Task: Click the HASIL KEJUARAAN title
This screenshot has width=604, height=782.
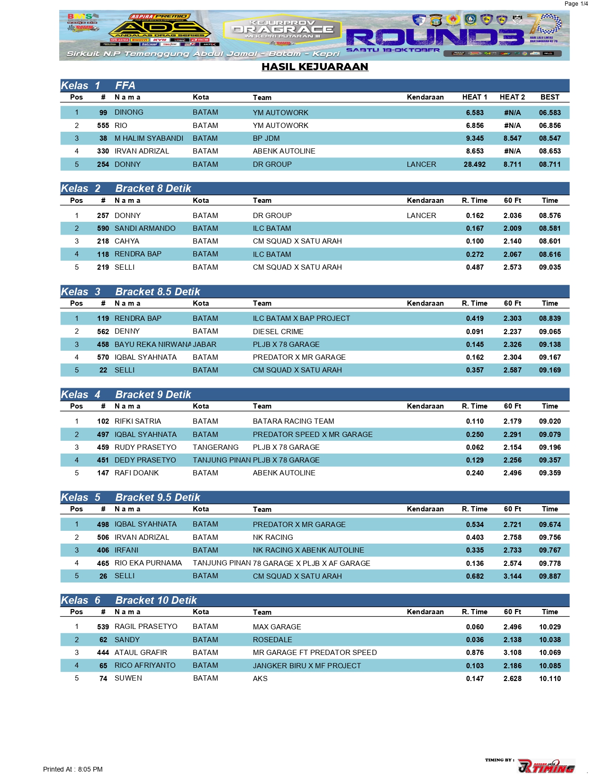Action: click(315, 67)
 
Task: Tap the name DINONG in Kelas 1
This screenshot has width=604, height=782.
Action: click(129, 112)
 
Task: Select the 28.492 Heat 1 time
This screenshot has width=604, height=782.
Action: click(474, 164)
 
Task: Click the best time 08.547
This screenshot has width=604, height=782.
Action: click(550, 138)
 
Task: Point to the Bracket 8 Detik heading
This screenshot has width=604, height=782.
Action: click(153, 189)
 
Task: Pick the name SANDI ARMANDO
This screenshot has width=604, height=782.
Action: click(145, 228)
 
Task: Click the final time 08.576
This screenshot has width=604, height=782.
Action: click(550, 216)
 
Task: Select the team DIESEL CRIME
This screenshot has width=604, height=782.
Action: click(278, 332)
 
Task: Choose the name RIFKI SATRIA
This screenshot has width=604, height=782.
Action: click(138, 421)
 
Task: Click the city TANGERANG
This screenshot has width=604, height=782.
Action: click(216, 447)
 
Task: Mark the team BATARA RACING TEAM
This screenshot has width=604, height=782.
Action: click(293, 421)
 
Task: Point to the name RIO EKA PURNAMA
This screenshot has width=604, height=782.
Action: click(148, 563)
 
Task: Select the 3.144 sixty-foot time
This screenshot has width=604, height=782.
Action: click(512, 576)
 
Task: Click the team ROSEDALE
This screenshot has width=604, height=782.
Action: click(272, 640)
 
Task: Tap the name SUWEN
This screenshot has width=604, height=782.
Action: click(128, 678)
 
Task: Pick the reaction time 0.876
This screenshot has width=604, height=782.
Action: click(475, 653)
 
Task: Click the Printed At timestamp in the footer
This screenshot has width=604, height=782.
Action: click(73, 769)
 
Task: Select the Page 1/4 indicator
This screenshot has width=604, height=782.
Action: click(576, 4)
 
